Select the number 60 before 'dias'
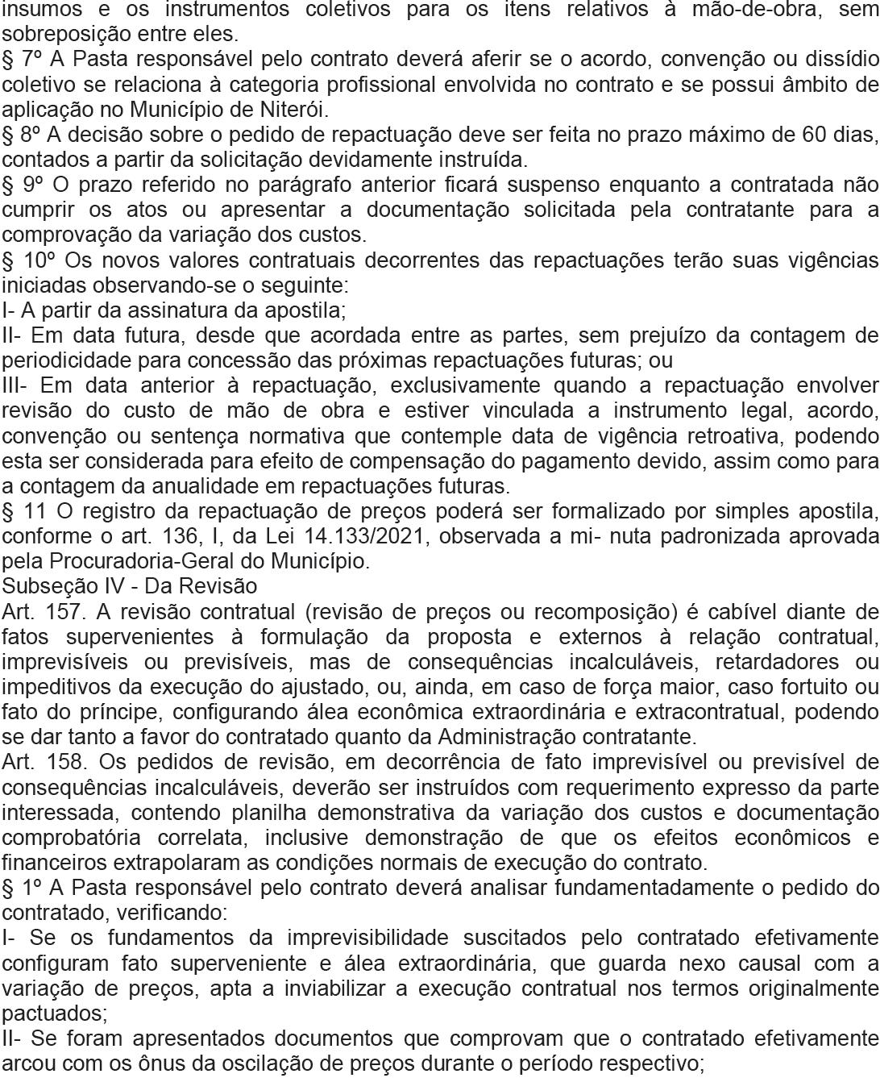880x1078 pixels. (815, 134)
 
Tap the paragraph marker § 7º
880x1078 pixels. (22, 59)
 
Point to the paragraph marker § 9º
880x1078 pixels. (22, 185)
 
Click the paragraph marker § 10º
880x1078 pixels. (27, 260)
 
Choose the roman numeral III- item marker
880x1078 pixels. (17, 385)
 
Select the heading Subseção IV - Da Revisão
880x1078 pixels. (130, 586)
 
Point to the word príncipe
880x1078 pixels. (123, 712)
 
